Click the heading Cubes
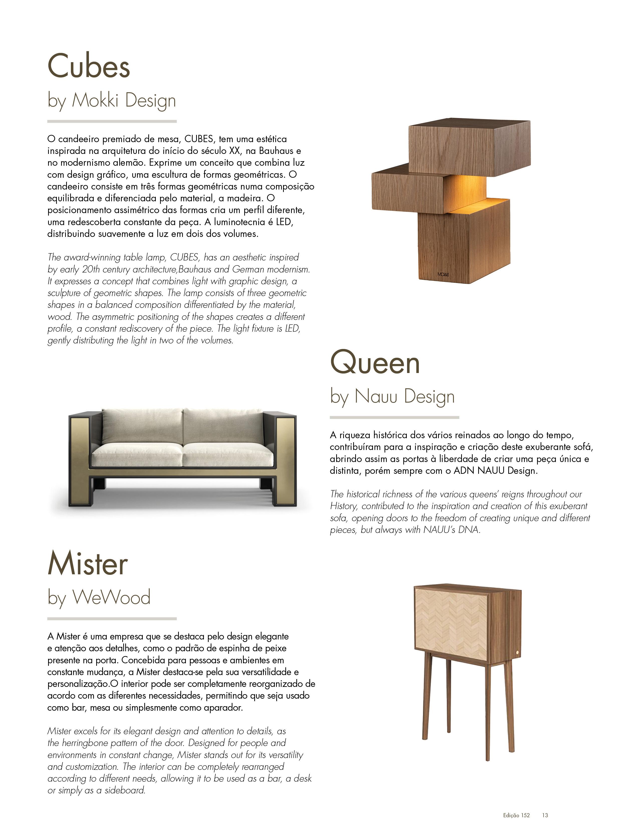pos(89,66)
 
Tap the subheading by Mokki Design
pos(112,101)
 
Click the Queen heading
pos(375,362)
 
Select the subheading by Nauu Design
pos(392,397)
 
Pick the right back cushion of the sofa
pos(222,426)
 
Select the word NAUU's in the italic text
pos(440,530)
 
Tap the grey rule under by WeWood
pos(112,619)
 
